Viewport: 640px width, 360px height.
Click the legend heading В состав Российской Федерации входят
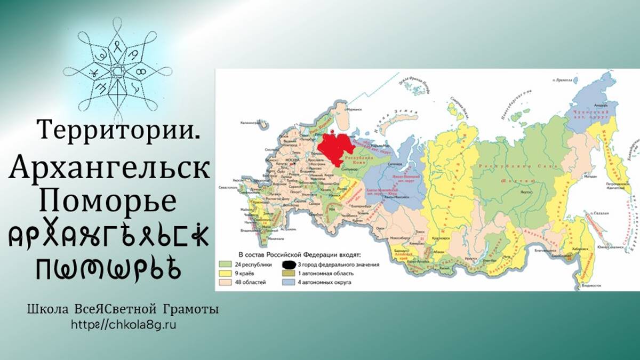tap(292, 254)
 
